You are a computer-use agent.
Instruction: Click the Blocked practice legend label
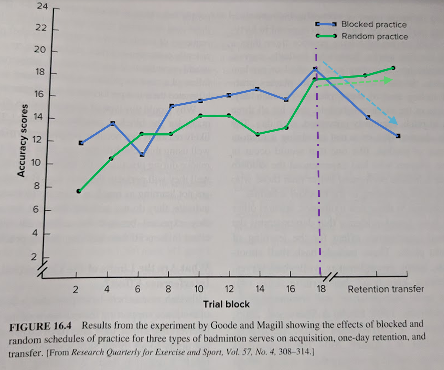coord(374,24)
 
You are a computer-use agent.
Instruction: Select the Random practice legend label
coord(374,36)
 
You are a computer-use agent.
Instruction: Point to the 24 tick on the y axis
coord(42,6)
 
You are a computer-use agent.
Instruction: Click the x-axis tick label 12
coord(229,289)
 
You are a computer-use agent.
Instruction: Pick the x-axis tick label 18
coord(321,289)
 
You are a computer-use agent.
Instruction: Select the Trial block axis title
coord(226,304)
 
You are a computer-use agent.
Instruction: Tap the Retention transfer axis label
coord(386,289)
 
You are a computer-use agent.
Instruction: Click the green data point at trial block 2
coord(79,191)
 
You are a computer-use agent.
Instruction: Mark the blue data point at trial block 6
coord(142,154)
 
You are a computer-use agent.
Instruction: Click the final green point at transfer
coord(393,68)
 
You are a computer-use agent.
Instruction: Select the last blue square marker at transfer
coord(398,136)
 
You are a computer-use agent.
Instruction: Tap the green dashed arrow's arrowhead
coord(388,80)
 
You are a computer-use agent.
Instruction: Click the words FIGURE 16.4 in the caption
coord(40,327)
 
